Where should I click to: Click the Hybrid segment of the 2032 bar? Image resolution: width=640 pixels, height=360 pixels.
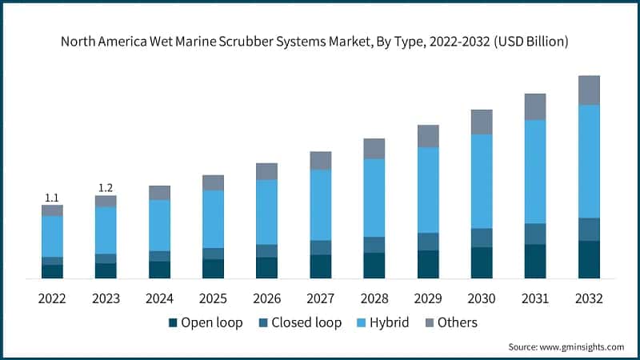coord(589,161)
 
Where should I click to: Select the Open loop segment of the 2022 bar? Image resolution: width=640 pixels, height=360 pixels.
coord(52,271)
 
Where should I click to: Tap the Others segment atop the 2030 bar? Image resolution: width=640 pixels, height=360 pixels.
coord(482,122)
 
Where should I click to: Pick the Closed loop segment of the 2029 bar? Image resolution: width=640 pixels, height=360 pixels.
coord(428,242)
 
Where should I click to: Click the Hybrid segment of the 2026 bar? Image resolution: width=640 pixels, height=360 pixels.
coord(266,212)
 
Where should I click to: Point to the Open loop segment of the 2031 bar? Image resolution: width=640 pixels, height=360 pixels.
coord(535,261)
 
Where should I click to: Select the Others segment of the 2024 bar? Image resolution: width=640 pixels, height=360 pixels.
coord(159,193)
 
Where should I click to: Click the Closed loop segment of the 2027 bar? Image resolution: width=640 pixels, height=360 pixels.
coord(321,247)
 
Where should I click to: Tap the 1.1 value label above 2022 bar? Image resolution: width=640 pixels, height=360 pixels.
coord(52,197)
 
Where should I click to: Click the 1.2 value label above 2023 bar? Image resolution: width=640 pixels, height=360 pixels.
coord(106,188)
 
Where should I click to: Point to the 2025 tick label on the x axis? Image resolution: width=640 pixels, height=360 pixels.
coord(213,298)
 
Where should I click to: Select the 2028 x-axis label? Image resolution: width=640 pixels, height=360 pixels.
coord(374,298)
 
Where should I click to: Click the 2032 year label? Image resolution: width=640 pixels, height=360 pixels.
coord(589,298)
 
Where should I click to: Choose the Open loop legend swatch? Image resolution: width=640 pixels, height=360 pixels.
coord(173,323)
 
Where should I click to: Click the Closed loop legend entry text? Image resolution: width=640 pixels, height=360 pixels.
coord(306,323)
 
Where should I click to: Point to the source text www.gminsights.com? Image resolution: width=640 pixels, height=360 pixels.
coord(581,346)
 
